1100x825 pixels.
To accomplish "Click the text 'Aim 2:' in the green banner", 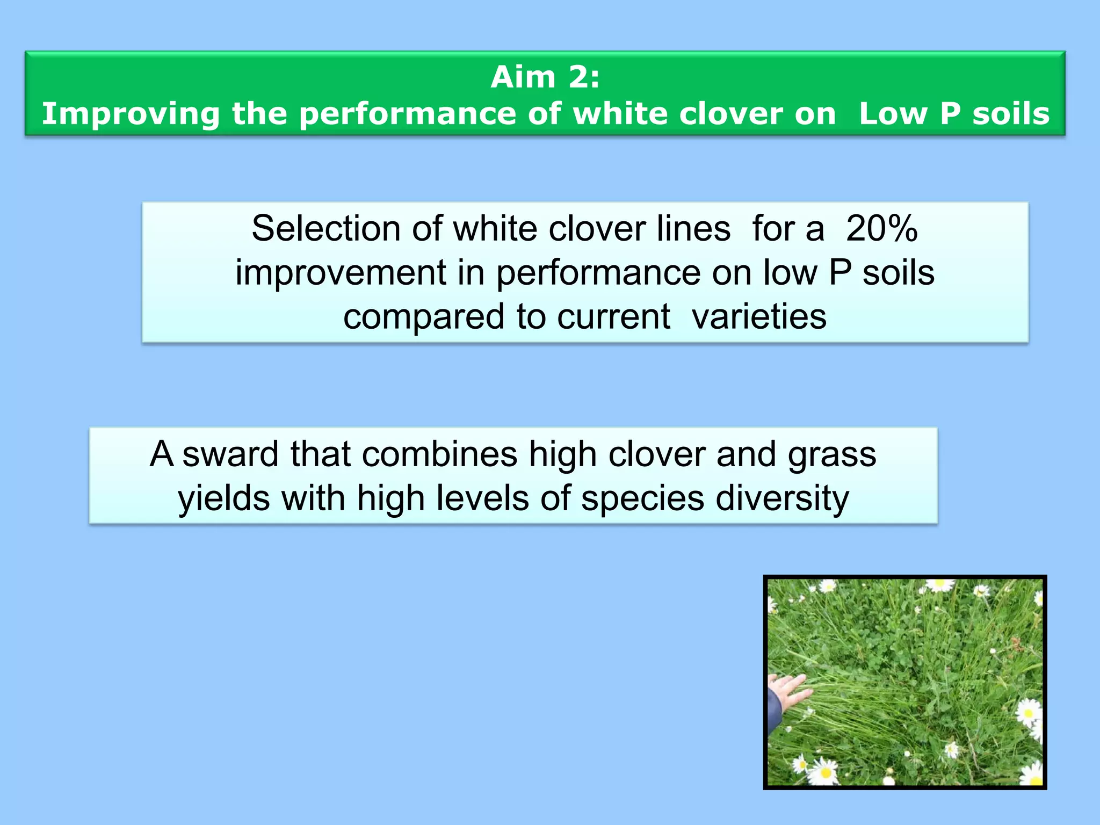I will pyautogui.click(x=545, y=77).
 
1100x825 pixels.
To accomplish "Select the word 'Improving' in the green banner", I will pyautogui.click(x=131, y=114).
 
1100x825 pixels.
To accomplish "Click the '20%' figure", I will pyautogui.click(x=881, y=229).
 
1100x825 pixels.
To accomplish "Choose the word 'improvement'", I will pyautogui.click(x=341, y=273).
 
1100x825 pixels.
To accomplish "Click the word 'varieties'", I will pyautogui.click(x=759, y=317).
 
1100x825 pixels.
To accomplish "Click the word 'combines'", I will pyautogui.click(x=439, y=454).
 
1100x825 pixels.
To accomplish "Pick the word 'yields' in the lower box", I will pyautogui.click(x=224, y=498).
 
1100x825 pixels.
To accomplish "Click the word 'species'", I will pyautogui.click(x=642, y=498).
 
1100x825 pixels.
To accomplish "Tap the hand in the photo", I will pyautogui.click(x=787, y=693).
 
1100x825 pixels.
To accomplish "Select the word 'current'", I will pyautogui.click(x=613, y=317).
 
